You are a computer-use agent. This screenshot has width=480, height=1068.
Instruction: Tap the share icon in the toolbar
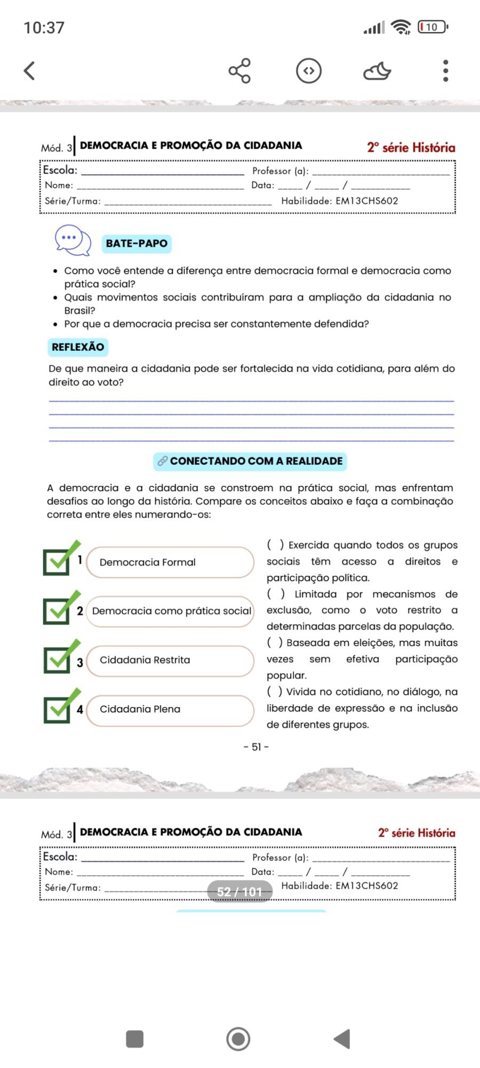240,70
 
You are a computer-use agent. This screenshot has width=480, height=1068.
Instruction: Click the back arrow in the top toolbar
30,70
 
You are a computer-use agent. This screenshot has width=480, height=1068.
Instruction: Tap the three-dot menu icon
445,70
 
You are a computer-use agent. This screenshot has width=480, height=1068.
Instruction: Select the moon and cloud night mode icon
377,70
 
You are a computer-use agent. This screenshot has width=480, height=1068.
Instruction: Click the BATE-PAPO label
137,244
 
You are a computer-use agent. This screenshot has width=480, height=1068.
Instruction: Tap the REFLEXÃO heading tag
78,347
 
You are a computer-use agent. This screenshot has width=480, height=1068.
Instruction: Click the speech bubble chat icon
73,240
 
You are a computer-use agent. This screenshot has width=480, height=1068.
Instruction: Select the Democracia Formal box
170,562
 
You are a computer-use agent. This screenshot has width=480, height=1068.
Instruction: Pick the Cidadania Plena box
170,710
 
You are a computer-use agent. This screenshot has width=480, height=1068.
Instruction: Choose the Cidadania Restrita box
170,661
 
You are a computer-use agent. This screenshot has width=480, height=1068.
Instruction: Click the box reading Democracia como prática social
170,611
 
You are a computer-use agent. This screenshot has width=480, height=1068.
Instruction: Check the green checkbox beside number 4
58,708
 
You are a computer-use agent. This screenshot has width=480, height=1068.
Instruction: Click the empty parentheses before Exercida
275,545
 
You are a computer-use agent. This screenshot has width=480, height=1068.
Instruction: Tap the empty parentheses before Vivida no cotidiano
275,692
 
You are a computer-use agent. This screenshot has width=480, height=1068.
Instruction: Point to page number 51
256,747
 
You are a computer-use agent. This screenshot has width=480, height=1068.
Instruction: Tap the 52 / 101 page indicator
239,892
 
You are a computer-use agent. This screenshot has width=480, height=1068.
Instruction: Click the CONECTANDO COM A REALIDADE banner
250,461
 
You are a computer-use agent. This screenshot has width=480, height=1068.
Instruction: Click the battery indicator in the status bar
433,27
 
